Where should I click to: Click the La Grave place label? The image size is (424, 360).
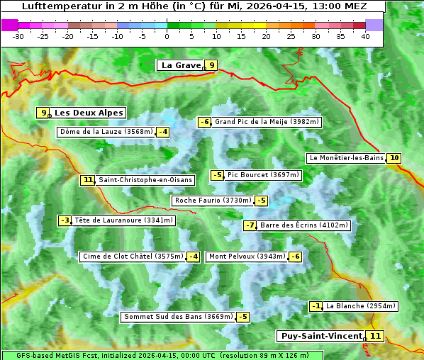(181, 65)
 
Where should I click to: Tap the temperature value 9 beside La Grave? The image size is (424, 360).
(211, 65)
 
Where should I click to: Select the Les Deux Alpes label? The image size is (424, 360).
(89, 113)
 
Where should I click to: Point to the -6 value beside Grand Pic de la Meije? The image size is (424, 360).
(204, 122)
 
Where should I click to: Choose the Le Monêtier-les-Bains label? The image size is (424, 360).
(345, 158)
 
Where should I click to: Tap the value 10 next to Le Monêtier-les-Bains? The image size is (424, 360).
(394, 158)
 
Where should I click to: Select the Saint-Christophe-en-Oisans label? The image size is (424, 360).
(145, 180)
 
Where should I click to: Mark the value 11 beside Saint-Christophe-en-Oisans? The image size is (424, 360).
(87, 180)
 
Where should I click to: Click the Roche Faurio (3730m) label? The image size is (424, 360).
(213, 201)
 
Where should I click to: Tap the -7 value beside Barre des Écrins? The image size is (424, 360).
(250, 225)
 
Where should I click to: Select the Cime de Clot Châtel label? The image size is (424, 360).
(133, 257)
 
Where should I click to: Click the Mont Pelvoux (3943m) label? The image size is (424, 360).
(247, 257)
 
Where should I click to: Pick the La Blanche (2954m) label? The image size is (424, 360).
(361, 306)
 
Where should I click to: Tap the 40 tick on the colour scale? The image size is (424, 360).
(365, 35)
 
